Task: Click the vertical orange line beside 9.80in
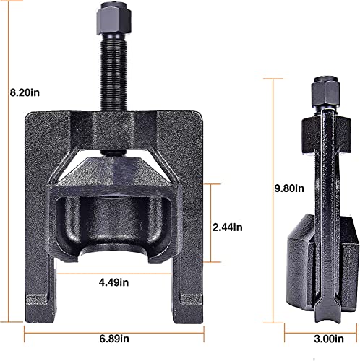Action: [x=273, y=195]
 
